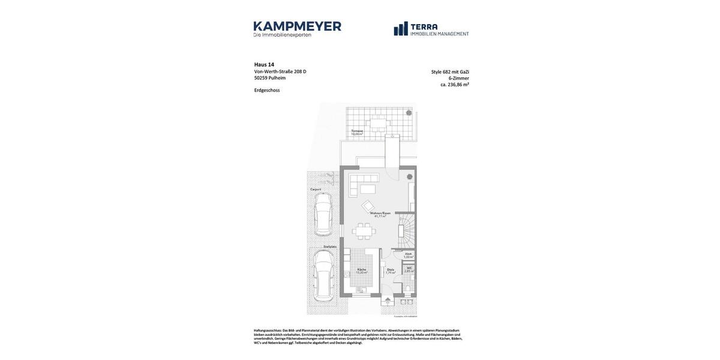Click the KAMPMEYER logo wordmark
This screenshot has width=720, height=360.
coord(297,26)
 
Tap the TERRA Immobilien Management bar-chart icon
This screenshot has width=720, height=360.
coord(401,29)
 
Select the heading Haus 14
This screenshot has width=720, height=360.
coord(264,65)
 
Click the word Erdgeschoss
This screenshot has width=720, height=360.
coord(267,91)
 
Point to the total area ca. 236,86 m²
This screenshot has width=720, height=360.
coord(455,85)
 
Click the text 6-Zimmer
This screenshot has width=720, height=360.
coord(458,78)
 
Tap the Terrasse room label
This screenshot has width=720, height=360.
coord(357,131)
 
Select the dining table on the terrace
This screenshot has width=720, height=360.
coord(379,124)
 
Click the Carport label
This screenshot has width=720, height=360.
coord(316,190)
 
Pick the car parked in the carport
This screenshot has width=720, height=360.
coord(323,214)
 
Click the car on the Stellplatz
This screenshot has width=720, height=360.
coord(323,275)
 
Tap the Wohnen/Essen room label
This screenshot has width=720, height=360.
coord(380,213)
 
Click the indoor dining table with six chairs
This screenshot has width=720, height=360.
coord(364,231)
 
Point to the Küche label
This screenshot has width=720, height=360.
coord(361,269)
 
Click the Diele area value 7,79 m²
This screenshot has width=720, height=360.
coord(391,273)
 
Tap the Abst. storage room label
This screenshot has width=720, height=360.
coord(408,254)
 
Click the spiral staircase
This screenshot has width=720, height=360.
coord(407,231)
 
